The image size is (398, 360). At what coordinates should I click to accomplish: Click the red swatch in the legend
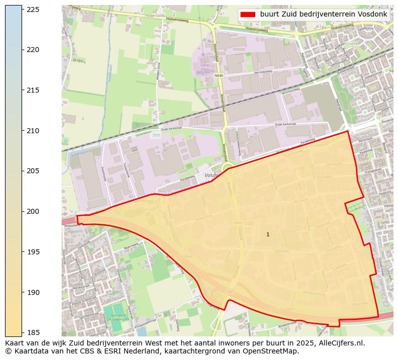248,15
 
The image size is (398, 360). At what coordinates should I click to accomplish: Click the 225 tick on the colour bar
33,10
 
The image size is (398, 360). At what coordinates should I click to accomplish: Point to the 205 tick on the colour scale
33,171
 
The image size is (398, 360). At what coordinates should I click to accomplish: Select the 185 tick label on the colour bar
33,332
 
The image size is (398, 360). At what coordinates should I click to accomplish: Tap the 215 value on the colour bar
33,90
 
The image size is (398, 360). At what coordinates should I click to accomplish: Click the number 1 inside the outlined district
268,234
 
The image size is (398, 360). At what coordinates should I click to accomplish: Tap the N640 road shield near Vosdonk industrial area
218,76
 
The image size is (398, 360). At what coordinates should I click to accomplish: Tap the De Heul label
78,60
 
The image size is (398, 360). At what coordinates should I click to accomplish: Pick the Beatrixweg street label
131,246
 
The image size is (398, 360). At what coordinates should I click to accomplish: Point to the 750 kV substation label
205,66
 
